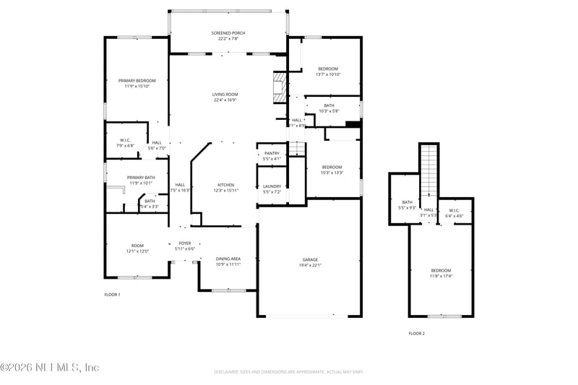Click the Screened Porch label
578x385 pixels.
pyautogui.click(x=229, y=34)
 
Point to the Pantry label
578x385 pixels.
pyautogui.click(x=272, y=153)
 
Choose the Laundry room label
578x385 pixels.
pyautogui.click(x=272, y=186)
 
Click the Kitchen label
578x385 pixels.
pyautogui.click(x=226, y=186)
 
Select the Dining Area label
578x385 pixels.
pyautogui.click(x=228, y=259)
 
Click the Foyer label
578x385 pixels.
pyautogui.click(x=185, y=243)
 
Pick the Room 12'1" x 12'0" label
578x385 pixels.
pyautogui.click(x=137, y=246)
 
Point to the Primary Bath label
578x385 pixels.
pyautogui.click(x=141, y=178)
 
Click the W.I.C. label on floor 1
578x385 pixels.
pyautogui.click(x=125, y=140)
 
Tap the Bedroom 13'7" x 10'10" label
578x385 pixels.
pyautogui.click(x=328, y=69)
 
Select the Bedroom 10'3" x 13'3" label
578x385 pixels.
pyautogui.click(x=332, y=167)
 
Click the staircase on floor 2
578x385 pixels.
pyautogui.click(x=429, y=170)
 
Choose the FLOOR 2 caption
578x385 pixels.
pyautogui.click(x=417, y=333)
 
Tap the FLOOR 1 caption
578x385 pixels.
pyautogui.click(x=112, y=295)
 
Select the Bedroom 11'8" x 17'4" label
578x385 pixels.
pyautogui.click(x=441, y=270)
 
